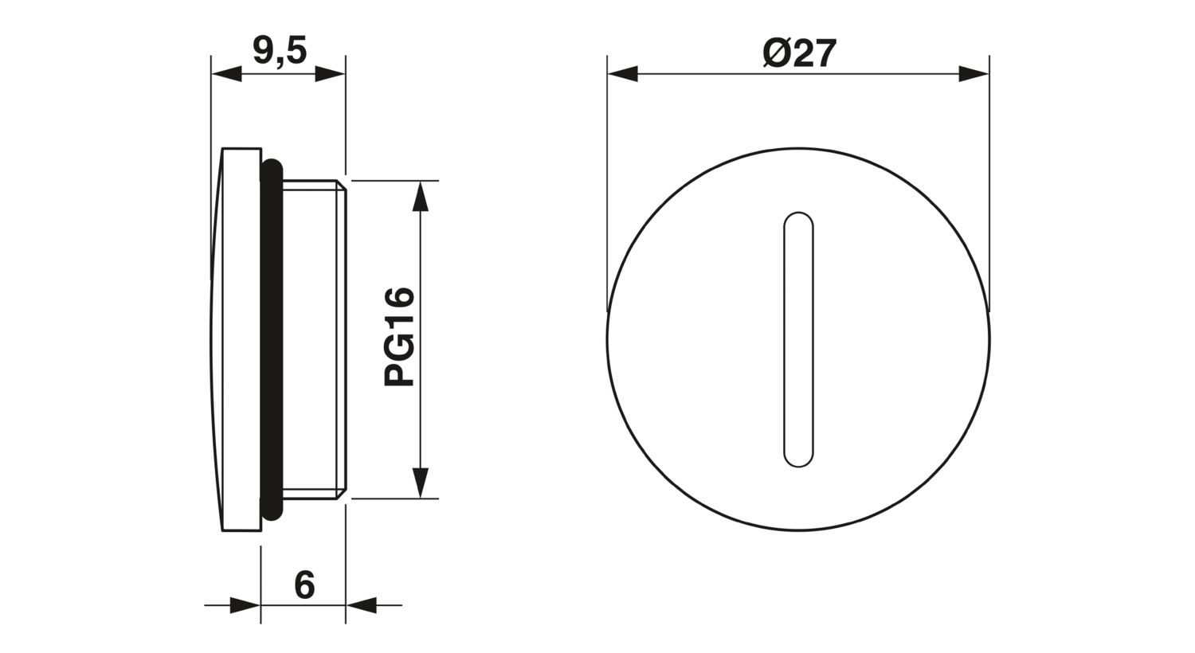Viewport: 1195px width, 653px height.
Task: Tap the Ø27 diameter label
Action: tap(798, 54)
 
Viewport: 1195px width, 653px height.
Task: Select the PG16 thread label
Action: tap(399, 336)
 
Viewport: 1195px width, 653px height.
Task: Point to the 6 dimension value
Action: tap(304, 585)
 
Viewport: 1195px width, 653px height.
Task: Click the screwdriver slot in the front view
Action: tap(798, 339)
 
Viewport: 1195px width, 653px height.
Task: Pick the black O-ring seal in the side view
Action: tap(272, 339)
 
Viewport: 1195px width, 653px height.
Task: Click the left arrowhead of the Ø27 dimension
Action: tap(622, 73)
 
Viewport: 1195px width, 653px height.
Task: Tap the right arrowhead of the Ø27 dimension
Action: tap(974, 73)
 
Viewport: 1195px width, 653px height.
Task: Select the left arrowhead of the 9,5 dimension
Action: tap(226, 74)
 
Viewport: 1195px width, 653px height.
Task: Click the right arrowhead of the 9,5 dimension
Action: tap(331, 74)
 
